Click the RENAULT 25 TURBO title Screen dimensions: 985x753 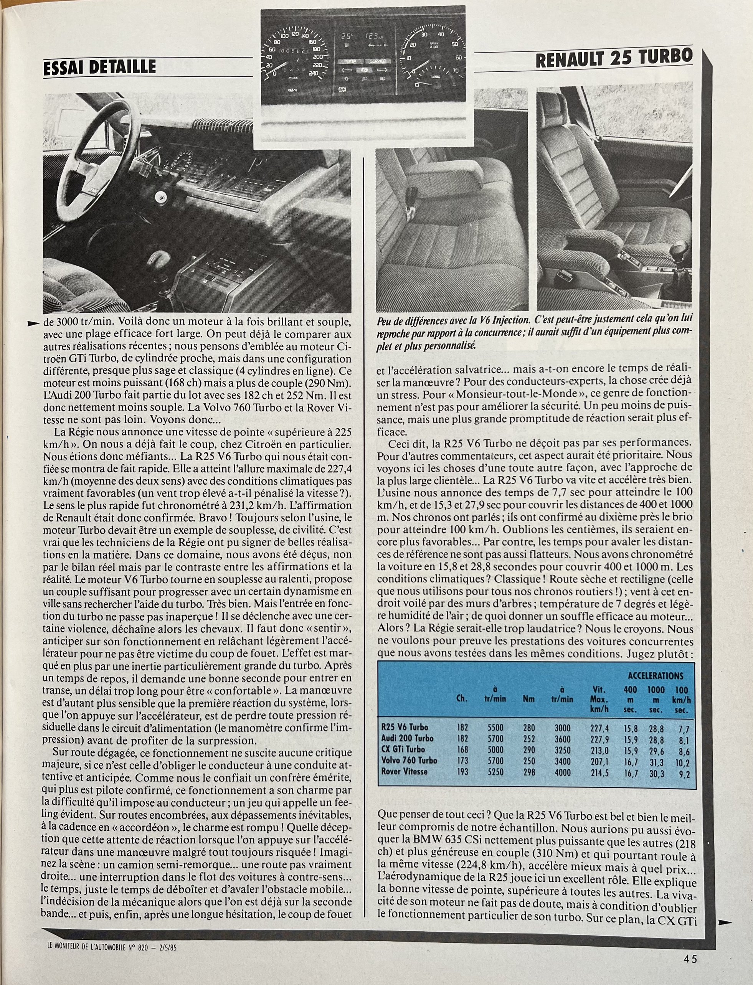pos(614,59)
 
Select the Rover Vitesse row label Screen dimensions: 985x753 pos(404,772)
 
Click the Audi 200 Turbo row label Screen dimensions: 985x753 pos(408,738)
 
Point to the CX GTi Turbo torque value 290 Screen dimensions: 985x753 pos(529,749)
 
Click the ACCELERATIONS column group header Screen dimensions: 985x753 pos(655,676)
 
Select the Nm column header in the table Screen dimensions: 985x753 pos(528,698)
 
